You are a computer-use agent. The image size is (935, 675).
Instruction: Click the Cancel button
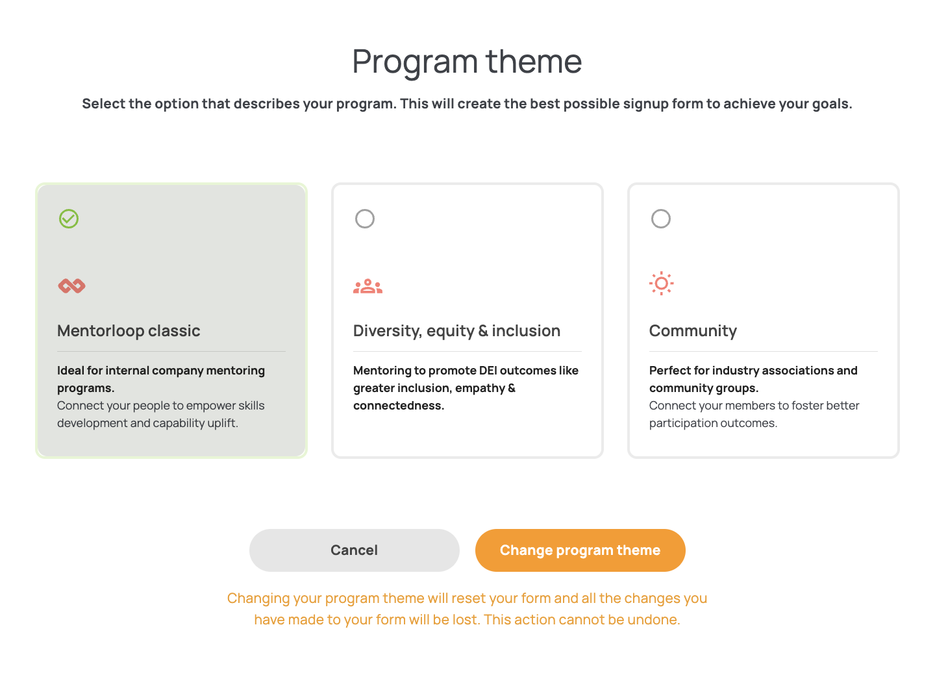354,550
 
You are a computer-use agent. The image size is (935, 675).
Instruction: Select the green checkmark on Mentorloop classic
69,219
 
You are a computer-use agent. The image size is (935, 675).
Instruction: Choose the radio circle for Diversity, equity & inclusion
365,219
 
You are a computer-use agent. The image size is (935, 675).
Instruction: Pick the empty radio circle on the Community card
661,219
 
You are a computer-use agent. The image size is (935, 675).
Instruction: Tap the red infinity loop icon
72,286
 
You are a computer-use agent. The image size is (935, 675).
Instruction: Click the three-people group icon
368,286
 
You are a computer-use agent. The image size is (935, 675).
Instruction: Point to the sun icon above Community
661,284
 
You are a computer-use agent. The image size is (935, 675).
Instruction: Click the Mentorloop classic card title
129,331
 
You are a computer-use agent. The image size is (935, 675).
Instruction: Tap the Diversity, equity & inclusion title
456,331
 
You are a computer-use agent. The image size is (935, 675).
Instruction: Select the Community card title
693,331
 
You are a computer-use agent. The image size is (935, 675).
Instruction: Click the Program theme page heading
467,62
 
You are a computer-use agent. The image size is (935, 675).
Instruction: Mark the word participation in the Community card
683,423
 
